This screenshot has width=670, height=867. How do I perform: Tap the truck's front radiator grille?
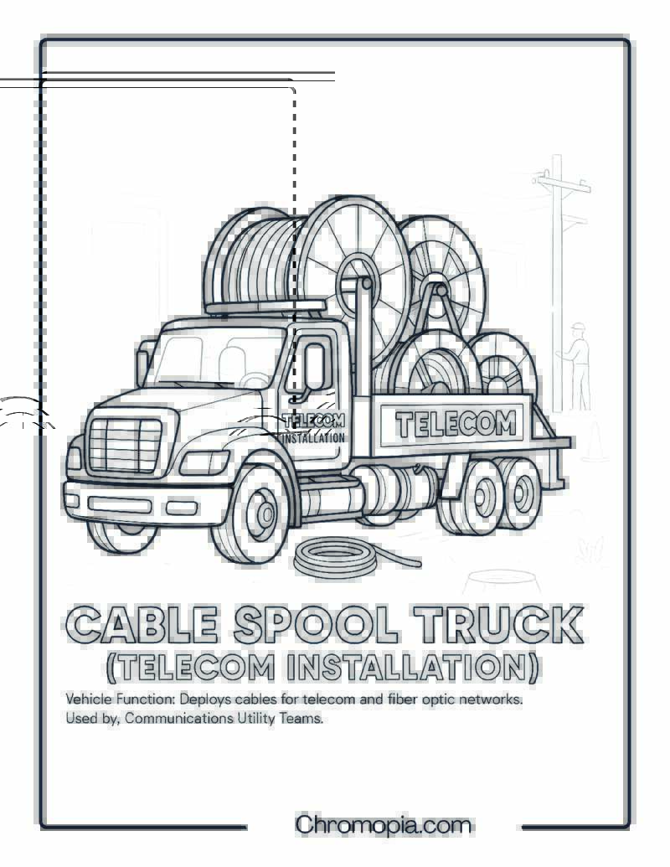[x=125, y=445]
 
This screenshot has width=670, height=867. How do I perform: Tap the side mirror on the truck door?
[x=314, y=366]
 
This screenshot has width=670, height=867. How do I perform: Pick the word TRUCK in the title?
[x=497, y=625]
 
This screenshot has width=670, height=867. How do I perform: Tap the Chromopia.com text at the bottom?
[x=383, y=825]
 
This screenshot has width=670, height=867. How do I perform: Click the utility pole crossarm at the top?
[x=561, y=183]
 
